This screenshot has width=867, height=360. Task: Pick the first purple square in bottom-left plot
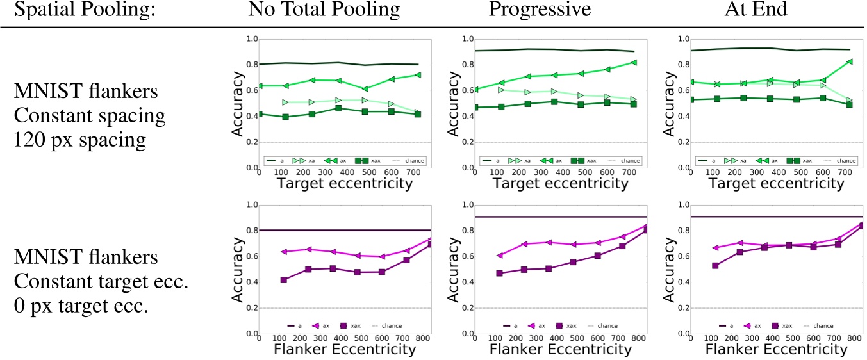[x=283, y=279]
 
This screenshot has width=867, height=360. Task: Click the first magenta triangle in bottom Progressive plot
[x=499, y=255]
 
